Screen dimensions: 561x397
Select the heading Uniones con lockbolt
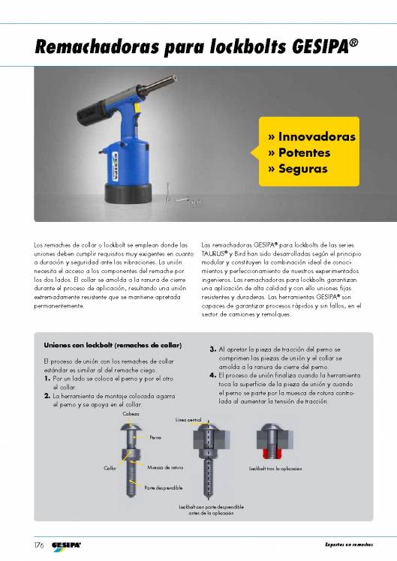(113, 346)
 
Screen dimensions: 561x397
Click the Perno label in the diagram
(155, 436)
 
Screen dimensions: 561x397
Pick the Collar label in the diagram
(109, 468)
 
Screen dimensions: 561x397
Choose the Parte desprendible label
(163, 487)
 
